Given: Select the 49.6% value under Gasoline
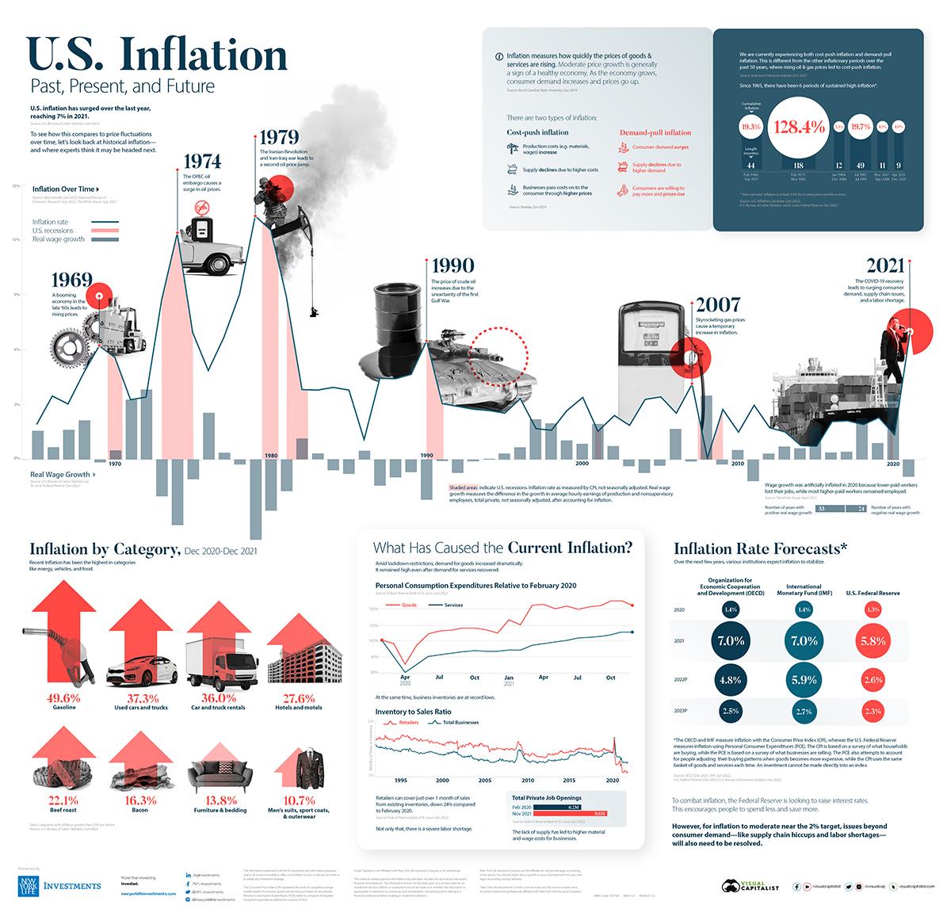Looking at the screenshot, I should (x=63, y=697).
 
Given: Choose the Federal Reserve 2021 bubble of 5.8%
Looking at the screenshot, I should (x=873, y=640).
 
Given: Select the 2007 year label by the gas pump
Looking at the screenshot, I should (x=718, y=304).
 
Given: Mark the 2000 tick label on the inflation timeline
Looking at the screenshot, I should (x=582, y=463).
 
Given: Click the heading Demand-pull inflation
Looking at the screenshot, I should (x=655, y=132).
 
